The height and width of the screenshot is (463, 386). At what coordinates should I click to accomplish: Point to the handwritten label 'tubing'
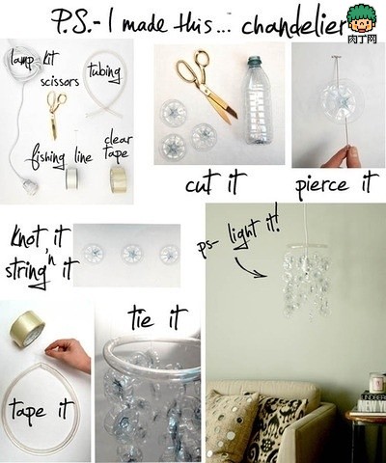103,70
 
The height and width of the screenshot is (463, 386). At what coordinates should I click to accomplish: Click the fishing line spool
72,177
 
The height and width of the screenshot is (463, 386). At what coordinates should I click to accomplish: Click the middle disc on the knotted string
128,254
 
